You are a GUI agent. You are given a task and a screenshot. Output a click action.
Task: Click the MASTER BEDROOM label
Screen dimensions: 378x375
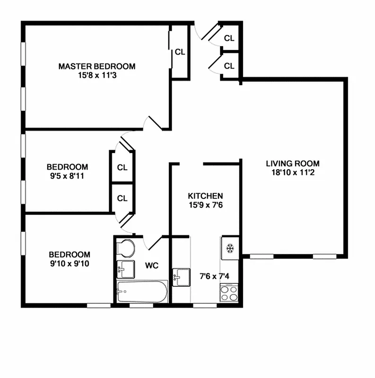96,66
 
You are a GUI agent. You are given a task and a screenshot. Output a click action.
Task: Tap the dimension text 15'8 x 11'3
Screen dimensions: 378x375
96,75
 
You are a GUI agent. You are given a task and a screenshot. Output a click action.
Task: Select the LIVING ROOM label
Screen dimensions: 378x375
289,163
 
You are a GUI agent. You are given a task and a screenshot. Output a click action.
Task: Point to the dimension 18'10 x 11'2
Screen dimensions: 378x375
289,172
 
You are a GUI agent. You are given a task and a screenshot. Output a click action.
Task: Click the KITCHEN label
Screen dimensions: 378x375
205,196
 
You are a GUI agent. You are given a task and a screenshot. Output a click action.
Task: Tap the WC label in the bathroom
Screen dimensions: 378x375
151,266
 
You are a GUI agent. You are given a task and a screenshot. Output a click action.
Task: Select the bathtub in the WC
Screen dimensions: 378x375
142,292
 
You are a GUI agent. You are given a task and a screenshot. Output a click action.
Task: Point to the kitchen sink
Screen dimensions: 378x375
181,275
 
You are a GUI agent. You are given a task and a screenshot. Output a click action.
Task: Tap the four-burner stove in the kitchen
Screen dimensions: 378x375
230,293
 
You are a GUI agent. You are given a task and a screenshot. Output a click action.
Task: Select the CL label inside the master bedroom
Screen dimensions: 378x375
180,52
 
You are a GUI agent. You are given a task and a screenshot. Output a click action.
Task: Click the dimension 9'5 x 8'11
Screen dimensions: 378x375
67,176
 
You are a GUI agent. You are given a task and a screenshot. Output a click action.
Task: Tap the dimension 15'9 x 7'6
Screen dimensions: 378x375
205,205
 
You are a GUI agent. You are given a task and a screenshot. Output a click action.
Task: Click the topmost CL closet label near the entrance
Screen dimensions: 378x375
229,38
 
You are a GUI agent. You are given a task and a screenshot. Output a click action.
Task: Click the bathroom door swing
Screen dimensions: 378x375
154,242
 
